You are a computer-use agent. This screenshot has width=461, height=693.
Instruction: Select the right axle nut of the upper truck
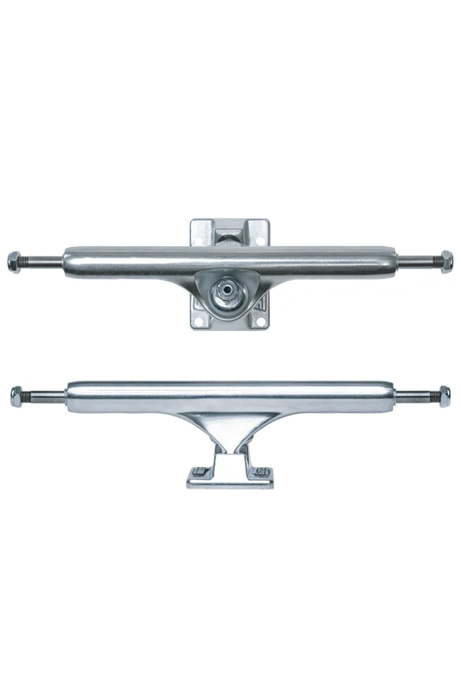coord(447,259)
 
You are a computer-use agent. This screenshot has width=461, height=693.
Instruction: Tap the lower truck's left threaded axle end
coord(42,398)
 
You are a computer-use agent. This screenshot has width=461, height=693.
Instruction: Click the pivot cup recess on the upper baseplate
coord(230,233)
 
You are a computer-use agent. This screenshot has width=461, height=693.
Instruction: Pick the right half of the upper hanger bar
coord(337,258)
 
